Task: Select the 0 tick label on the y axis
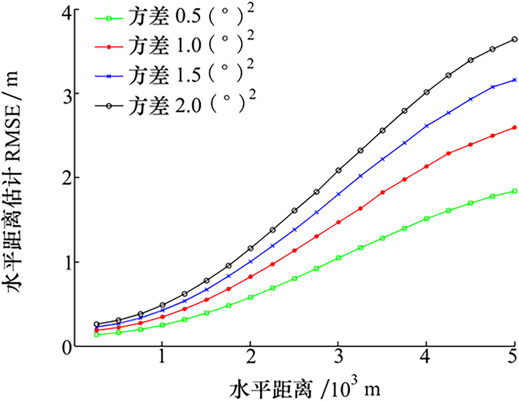tap(66, 346)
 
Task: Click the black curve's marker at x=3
tap(338, 170)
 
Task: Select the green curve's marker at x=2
tap(250, 297)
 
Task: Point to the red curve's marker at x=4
tap(426, 166)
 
